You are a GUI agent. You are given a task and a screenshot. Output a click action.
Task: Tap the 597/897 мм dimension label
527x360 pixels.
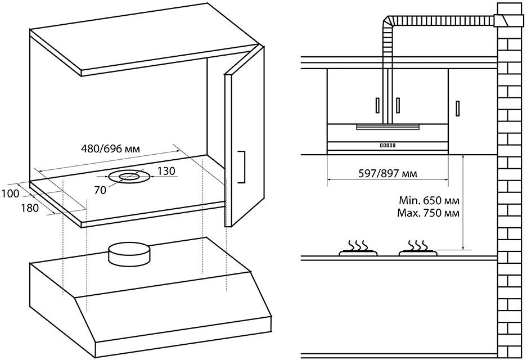pos(388,173)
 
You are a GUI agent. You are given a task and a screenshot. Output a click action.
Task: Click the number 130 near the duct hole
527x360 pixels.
pos(166,171)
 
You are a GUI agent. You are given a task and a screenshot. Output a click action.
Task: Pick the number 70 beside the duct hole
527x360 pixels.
pos(101,190)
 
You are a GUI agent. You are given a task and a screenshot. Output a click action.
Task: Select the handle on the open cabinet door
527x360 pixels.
pos(242,166)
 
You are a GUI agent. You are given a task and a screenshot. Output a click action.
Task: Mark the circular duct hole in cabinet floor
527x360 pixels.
pos(129,177)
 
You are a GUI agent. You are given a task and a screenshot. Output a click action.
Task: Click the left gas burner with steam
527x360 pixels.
pos(358,250)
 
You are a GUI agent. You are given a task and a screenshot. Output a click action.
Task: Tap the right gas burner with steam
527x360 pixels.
pos(417,250)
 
